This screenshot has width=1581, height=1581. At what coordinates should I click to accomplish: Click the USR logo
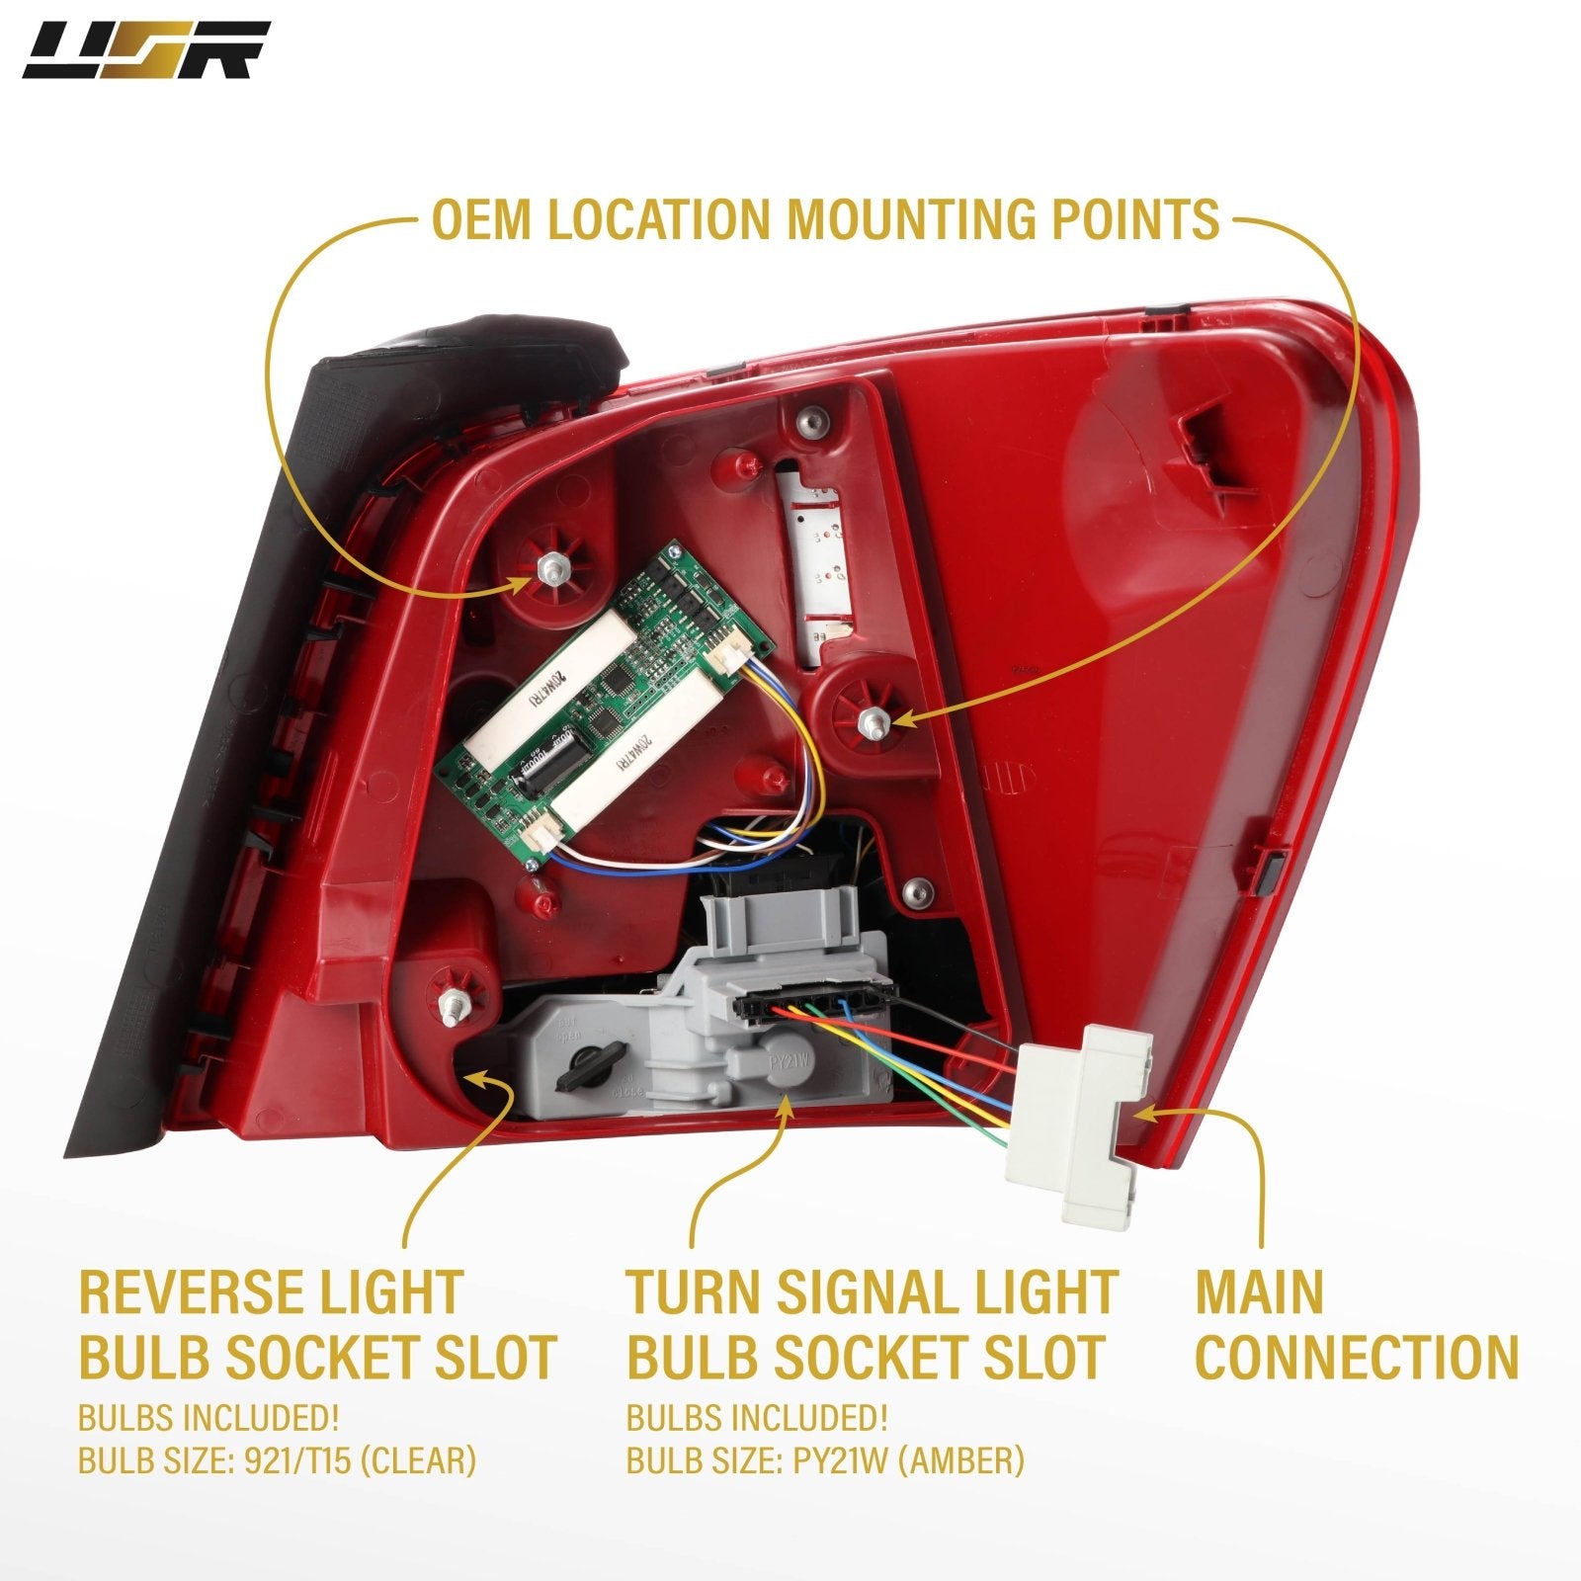[145, 50]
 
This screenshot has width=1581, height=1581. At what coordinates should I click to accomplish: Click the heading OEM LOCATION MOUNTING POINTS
[825, 219]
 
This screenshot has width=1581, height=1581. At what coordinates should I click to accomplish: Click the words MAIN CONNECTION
[1356, 1324]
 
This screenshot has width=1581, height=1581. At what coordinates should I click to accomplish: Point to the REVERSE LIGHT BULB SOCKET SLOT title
[316, 1324]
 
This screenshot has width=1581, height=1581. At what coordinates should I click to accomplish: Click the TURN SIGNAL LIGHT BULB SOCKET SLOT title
[870, 1324]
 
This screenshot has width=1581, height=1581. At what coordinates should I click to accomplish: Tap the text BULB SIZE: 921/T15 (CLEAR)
[277, 1460]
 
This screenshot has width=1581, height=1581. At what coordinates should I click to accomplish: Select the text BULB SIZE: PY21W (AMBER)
[825, 1460]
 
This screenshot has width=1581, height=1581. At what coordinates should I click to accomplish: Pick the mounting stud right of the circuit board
[873, 718]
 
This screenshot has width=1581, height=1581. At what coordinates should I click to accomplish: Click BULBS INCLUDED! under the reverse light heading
[208, 1418]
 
